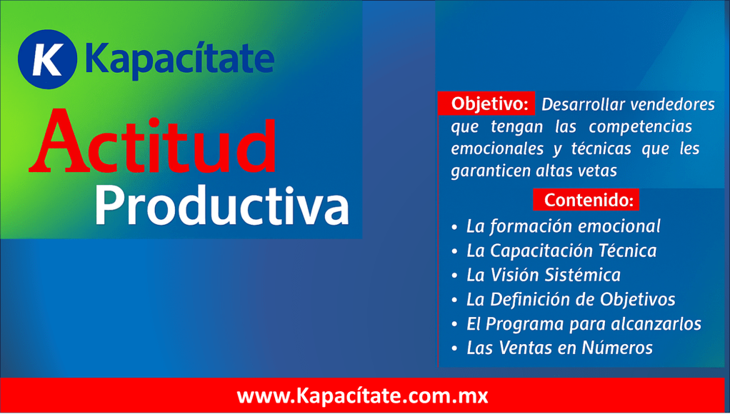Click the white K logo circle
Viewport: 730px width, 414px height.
pyautogui.click(x=47, y=59)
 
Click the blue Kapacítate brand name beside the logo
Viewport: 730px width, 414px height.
pyautogui.click(x=180, y=59)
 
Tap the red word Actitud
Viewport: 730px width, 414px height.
pyautogui.click(x=153, y=142)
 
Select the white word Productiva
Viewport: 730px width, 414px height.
pyautogui.click(x=221, y=206)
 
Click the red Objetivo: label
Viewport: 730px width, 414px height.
pyautogui.click(x=486, y=103)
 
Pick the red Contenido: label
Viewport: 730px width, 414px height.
pyautogui.click(x=586, y=200)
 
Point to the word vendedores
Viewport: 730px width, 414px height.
pyautogui.click(x=672, y=104)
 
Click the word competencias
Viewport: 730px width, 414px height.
pyautogui.click(x=640, y=127)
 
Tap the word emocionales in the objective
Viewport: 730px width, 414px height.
pyautogui.click(x=497, y=148)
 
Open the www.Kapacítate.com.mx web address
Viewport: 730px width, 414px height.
pyautogui.click(x=362, y=396)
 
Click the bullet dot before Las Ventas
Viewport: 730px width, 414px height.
pyautogui.click(x=455, y=349)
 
